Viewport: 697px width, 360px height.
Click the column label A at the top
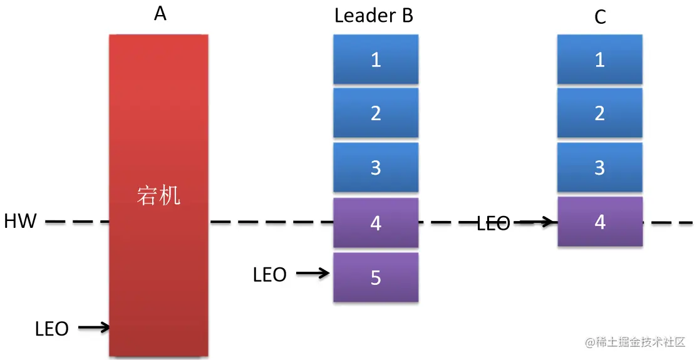coord(160,14)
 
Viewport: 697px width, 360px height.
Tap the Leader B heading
coord(374,16)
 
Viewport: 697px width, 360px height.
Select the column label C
coord(600,17)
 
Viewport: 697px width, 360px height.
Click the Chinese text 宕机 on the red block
coord(158,195)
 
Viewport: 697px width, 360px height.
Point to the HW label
coord(20,221)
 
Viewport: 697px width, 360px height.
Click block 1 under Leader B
coord(376,59)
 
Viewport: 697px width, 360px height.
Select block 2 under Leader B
coord(376,113)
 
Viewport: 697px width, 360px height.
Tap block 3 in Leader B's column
coord(376,168)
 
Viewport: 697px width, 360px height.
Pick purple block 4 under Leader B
coord(376,223)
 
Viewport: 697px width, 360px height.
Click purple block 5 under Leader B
coord(376,277)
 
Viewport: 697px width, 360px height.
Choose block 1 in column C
coord(600,59)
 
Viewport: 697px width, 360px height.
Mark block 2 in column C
coord(600,113)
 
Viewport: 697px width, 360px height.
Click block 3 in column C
coord(600,168)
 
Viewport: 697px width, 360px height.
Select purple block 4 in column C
coord(600,222)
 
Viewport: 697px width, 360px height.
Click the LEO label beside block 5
coord(270,275)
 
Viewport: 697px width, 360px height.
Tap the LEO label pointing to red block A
coord(52,329)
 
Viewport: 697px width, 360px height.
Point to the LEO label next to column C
coord(493,224)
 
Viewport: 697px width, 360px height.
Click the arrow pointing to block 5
coord(313,274)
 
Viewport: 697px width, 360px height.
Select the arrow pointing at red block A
coord(94,327)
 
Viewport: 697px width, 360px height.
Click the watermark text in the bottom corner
coord(636,342)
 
